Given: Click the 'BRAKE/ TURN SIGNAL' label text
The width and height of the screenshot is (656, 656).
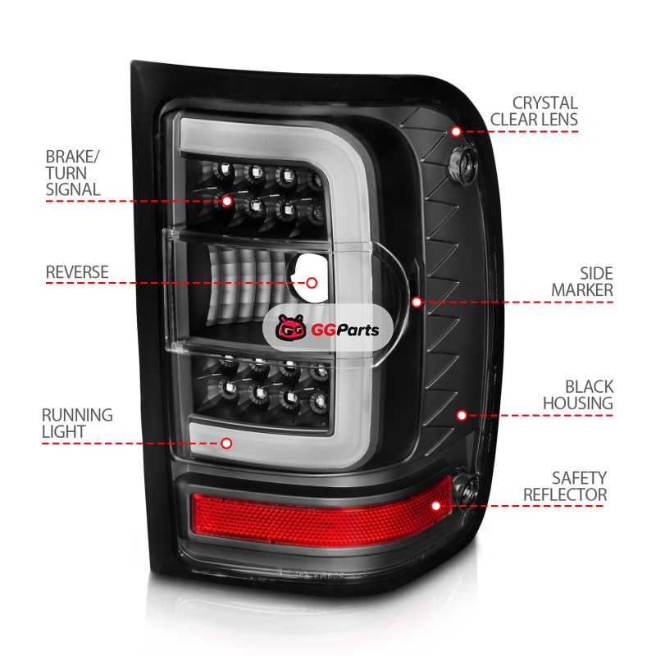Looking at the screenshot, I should click(x=73, y=172).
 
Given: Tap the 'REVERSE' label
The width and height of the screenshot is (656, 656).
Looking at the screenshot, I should click(x=77, y=271).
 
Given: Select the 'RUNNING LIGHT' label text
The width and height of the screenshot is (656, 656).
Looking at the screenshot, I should click(x=79, y=423).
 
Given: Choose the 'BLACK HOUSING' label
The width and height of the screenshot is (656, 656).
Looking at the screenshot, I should click(x=577, y=394).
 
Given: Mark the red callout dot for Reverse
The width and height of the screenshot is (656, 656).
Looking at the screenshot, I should click(x=312, y=282).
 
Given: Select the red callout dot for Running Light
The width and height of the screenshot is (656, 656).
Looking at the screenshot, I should click(x=226, y=443).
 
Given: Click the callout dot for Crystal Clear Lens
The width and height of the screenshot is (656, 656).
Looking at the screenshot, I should click(x=456, y=131).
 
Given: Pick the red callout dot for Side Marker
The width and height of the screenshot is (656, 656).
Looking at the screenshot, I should click(x=417, y=302).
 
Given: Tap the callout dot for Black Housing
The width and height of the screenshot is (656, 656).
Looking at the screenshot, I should click(x=462, y=415).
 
